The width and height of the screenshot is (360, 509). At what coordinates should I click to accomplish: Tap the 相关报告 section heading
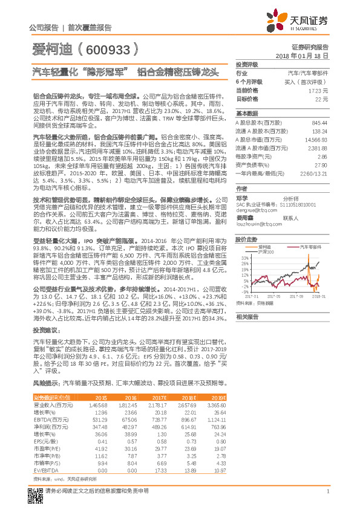[247, 317]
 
